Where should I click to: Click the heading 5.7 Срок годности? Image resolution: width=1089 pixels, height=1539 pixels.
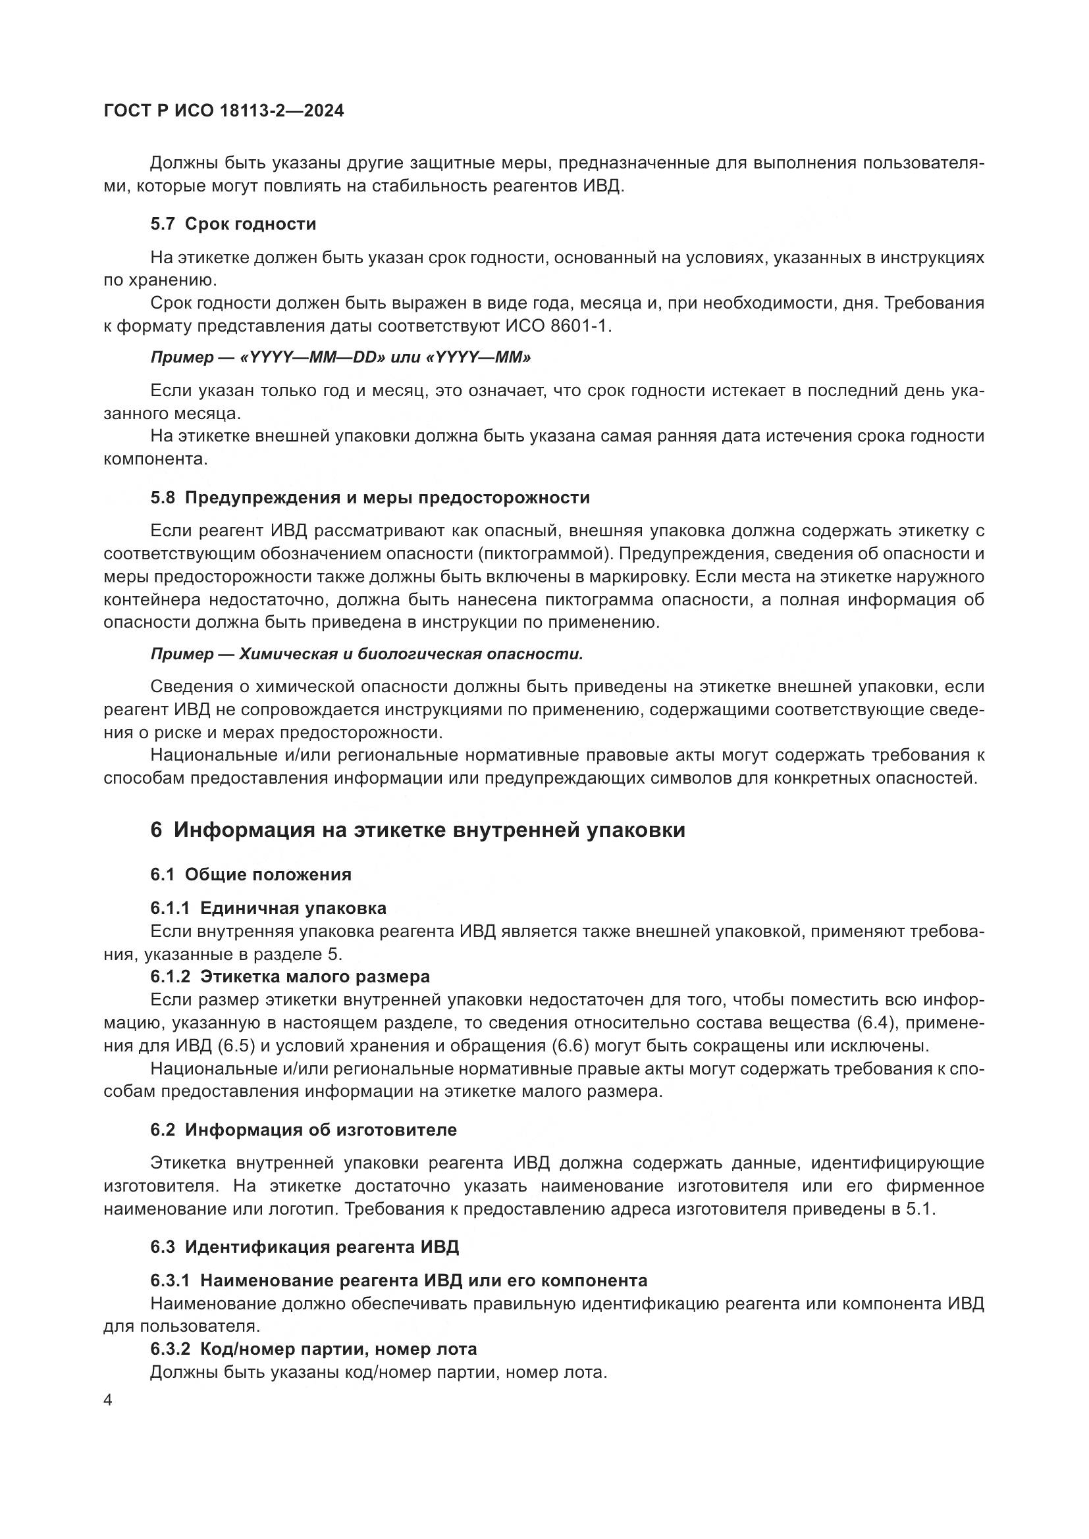click(232, 224)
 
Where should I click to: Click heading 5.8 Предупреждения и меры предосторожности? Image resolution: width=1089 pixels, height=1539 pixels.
click(369, 498)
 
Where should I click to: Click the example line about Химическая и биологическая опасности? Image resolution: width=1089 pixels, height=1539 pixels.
click(366, 654)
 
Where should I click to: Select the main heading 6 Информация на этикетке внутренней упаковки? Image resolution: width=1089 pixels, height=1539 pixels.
click(417, 830)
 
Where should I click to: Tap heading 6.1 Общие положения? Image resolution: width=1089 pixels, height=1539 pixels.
click(250, 874)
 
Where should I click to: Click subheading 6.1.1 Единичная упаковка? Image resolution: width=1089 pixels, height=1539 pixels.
click(268, 908)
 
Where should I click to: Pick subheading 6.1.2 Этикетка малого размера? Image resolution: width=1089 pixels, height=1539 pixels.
click(290, 976)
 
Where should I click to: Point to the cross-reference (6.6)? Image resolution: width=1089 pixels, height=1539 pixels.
click(570, 1046)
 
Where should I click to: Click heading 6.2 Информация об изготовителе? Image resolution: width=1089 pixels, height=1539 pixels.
click(303, 1130)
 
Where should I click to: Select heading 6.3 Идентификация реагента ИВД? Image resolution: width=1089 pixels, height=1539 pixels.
click(304, 1248)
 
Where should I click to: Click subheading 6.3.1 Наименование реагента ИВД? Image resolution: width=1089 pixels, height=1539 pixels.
click(398, 1281)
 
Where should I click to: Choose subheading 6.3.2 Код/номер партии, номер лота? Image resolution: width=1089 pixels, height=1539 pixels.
click(313, 1350)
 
